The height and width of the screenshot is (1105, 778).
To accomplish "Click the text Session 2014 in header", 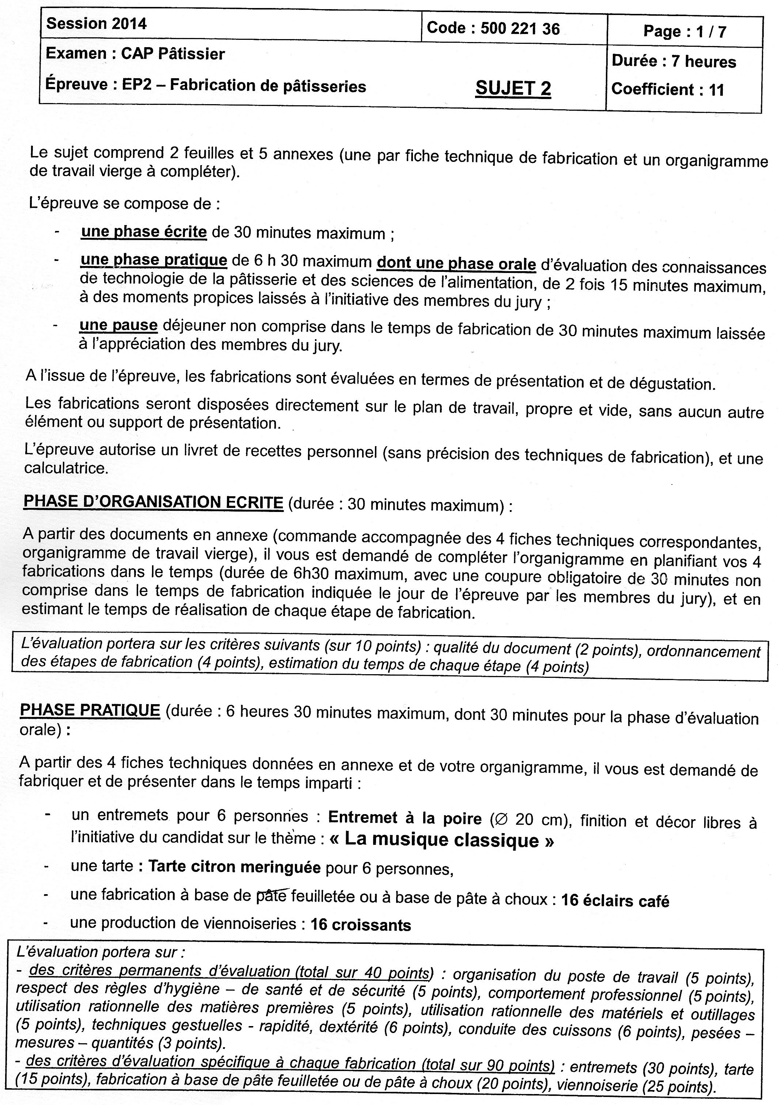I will tap(96, 24).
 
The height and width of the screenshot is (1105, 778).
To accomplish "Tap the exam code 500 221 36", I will tap(520, 29).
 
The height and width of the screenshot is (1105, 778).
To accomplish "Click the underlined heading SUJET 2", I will tap(513, 88).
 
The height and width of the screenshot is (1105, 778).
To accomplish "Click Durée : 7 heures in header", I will tap(673, 62).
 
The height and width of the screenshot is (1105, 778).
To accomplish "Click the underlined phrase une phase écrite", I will tap(144, 232).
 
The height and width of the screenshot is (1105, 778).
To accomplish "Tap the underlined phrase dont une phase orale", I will tap(456, 264).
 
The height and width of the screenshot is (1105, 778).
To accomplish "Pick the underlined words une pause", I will tap(118, 326).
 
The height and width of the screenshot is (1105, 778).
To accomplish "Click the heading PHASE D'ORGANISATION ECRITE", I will tap(153, 502).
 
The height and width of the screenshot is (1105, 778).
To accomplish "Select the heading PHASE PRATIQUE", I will tap(90, 710).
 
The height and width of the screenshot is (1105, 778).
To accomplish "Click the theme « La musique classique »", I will tap(441, 840).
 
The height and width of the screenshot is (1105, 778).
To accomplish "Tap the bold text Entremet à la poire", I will tap(405, 818).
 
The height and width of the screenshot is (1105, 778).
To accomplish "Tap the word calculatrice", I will tap(67, 468).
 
